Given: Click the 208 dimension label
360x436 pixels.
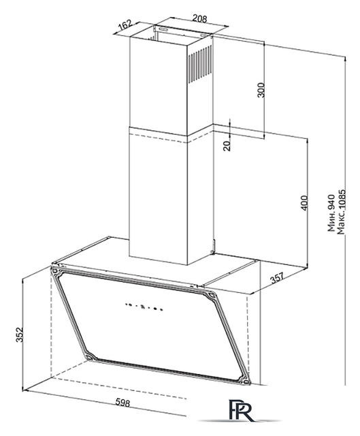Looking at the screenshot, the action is pos(199,18).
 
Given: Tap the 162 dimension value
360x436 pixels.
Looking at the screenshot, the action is pos(125,25).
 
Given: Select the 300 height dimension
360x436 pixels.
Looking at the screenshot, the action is pos(261,90).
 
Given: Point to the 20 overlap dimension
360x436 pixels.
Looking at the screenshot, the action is pos(227,145).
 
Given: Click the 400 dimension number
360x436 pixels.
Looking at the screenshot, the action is pos(304,203).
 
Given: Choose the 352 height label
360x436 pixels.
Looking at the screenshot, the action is pos(18,334).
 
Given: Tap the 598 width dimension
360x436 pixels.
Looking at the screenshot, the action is pos(122,403).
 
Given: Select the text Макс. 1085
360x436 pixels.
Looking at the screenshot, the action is pos(341,212).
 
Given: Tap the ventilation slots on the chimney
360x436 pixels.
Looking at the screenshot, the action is pos(199,65).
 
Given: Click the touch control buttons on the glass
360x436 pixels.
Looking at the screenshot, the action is pos(144,306).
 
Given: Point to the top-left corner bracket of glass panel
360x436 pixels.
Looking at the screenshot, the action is pos(54,270).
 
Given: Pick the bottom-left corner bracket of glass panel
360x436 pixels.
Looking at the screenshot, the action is pos(91,356).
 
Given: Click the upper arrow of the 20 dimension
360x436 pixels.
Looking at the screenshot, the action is pos(230,124).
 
